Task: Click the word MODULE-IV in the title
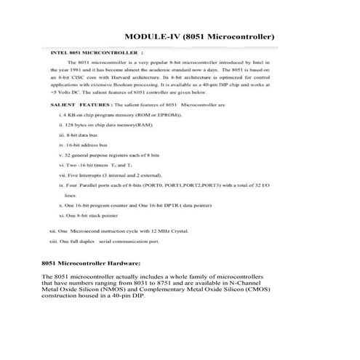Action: click(152, 36)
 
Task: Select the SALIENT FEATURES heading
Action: click(76, 106)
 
